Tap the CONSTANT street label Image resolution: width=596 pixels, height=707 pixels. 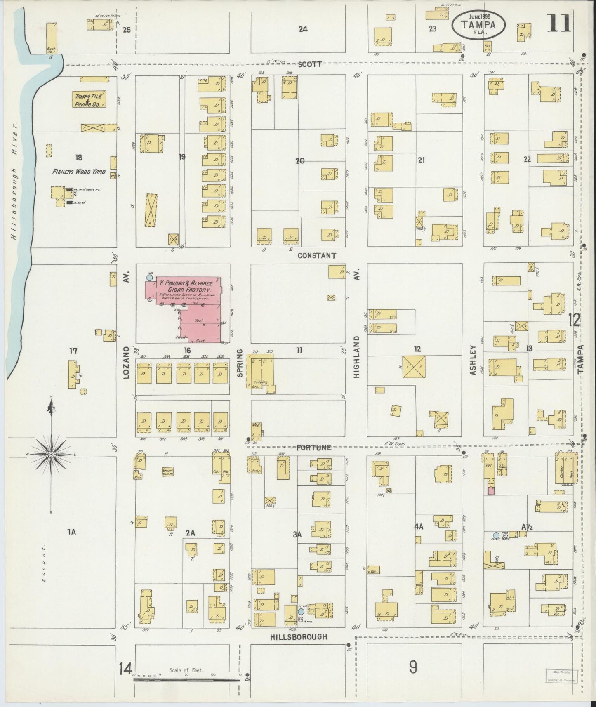[317, 255]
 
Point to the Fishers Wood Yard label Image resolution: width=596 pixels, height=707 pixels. [79, 172]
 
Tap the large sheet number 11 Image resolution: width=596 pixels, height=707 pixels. [559, 24]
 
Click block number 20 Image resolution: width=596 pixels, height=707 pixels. [300, 161]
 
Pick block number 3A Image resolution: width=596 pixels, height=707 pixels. [298, 535]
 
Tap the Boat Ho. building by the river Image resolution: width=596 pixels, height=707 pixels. [52, 38]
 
